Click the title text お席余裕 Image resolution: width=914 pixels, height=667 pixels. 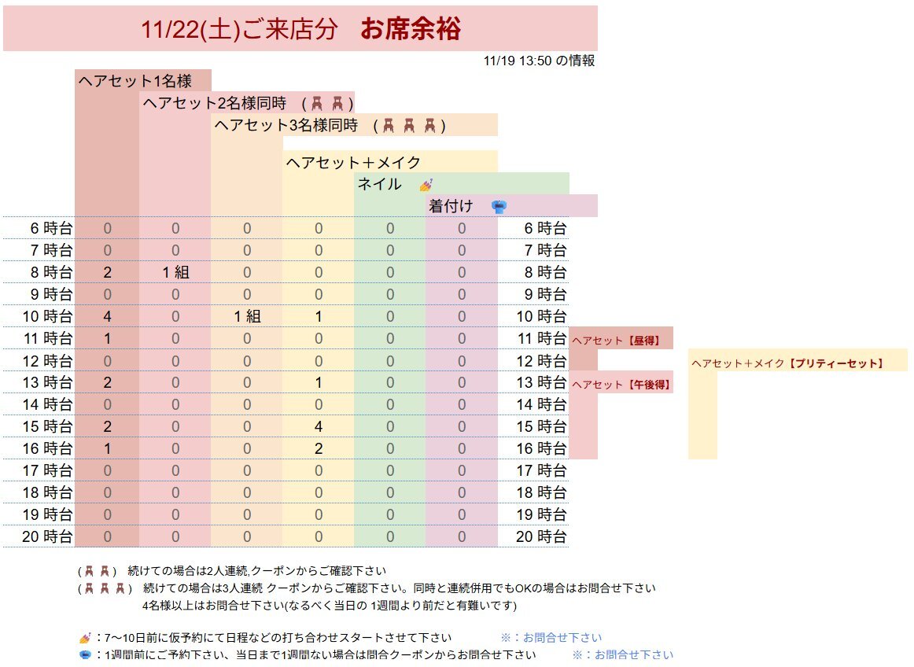coord(410,29)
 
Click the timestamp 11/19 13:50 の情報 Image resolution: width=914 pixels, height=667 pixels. coord(540,61)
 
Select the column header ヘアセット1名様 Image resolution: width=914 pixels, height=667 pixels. coord(134,80)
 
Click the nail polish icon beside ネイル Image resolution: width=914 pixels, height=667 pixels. coord(426,185)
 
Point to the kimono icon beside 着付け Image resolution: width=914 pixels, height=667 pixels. coord(499,207)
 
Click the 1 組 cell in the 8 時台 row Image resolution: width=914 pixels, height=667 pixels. coord(175,273)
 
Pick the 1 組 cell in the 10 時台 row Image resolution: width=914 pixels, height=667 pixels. coord(246,317)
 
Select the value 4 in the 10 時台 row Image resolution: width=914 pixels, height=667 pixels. coord(107,317)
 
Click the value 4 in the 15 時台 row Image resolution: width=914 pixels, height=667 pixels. coord(318,427)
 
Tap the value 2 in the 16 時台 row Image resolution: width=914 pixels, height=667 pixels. coord(318,449)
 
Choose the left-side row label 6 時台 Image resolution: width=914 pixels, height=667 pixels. coord(51,229)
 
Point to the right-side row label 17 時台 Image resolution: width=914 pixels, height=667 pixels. coord(540,471)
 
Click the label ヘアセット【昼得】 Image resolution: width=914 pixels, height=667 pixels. coord(615,341)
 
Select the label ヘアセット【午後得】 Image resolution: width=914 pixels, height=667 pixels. coord(620,385)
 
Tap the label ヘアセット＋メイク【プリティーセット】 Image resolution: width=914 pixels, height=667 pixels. coord(787,363)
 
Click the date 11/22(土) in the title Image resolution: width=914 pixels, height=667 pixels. coord(189,29)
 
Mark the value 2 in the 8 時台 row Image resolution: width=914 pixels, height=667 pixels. coord(107,273)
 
